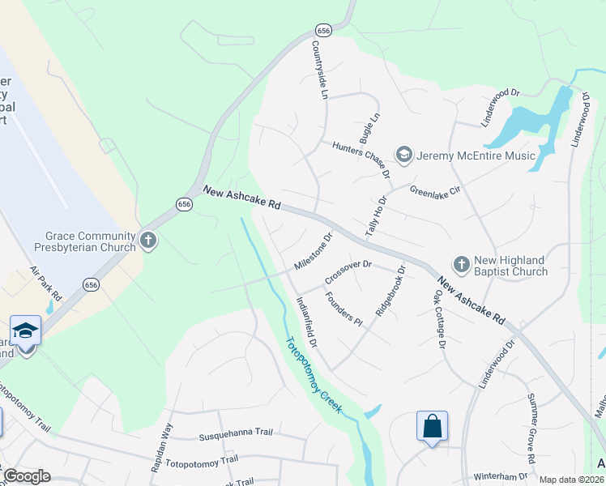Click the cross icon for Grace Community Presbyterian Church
tap(147, 240)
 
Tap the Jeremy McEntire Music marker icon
tap(403, 154)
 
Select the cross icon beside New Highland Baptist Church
tap(461, 264)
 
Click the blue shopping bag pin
tap(432, 426)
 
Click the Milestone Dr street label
tap(314, 254)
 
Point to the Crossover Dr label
tap(348, 272)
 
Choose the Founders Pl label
tap(343, 308)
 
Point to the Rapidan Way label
tap(168, 441)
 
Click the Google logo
tap(26, 476)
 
